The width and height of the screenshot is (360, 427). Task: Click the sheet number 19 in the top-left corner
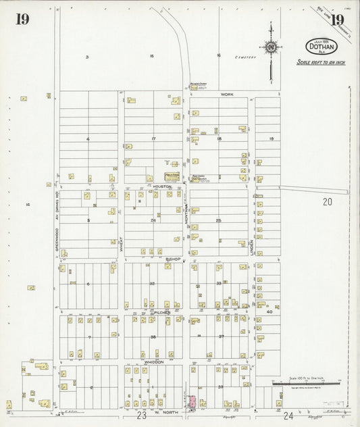tap(22, 19)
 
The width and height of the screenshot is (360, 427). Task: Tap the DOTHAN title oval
tap(321, 47)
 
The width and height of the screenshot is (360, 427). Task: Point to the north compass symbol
tap(271, 47)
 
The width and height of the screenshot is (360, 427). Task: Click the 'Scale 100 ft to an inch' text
tap(322, 62)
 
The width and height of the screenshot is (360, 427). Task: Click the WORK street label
tap(226, 95)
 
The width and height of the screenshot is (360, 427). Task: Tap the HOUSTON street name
tap(162, 186)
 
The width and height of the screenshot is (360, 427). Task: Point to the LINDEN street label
tap(252, 243)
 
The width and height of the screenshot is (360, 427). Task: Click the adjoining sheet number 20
tap(328, 201)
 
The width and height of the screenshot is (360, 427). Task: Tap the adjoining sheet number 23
tap(141, 416)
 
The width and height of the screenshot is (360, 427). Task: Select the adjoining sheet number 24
tap(288, 416)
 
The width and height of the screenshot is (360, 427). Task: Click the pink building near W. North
tap(192, 401)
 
